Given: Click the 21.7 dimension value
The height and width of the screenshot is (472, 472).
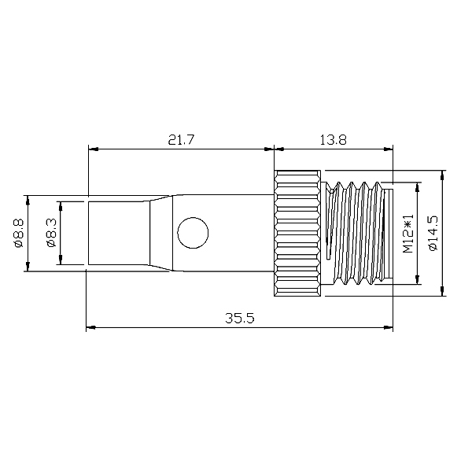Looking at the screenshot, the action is [181, 140].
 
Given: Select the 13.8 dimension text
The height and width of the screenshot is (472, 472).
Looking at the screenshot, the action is [333, 140].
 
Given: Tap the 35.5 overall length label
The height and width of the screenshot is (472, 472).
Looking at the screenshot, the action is [240, 318].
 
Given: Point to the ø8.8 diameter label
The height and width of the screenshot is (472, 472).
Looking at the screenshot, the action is [18, 234].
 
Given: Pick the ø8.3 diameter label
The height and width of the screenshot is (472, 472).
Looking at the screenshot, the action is [52, 234].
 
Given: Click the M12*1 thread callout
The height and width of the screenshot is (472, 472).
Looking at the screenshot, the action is [407, 234].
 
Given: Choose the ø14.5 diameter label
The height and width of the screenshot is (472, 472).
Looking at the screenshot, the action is [433, 234].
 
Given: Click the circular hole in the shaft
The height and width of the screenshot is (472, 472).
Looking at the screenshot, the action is [193, 233].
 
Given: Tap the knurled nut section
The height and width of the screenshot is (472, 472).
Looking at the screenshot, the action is [297, 234].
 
